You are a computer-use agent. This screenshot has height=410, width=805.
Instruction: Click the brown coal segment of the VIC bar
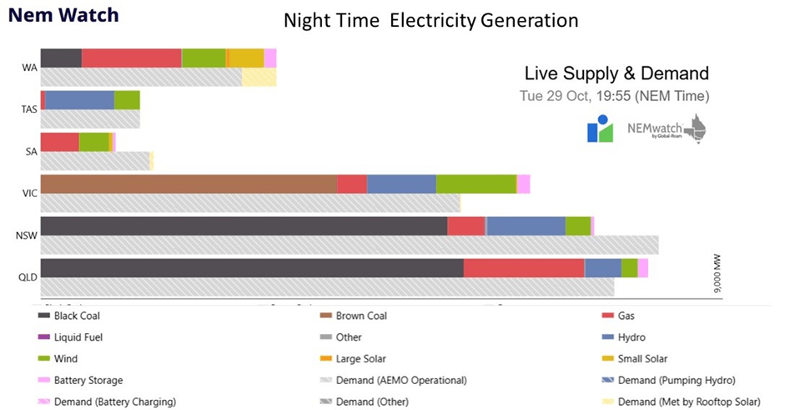pos(189,184)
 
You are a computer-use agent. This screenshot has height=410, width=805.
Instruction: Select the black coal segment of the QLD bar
pos(251,267)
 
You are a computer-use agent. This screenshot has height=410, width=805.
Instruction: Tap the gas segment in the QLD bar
pos(523,267)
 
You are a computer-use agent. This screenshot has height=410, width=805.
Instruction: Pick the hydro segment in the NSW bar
pos(526,225)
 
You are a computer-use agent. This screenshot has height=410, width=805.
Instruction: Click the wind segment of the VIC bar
pos(475,184)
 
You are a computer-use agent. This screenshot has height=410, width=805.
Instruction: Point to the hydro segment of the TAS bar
pos(79,100)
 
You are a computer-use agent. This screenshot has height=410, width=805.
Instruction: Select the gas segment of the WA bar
pos(131,58)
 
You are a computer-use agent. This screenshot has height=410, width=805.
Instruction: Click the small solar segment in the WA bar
pos(246,58)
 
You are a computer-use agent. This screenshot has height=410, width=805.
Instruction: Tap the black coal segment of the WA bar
pos(61,58)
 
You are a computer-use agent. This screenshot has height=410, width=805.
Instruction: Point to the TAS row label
pos(28,109)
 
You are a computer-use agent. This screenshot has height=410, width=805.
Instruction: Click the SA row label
pos(29,151)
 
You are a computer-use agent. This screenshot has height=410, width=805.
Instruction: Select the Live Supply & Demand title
pos(616,73)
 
